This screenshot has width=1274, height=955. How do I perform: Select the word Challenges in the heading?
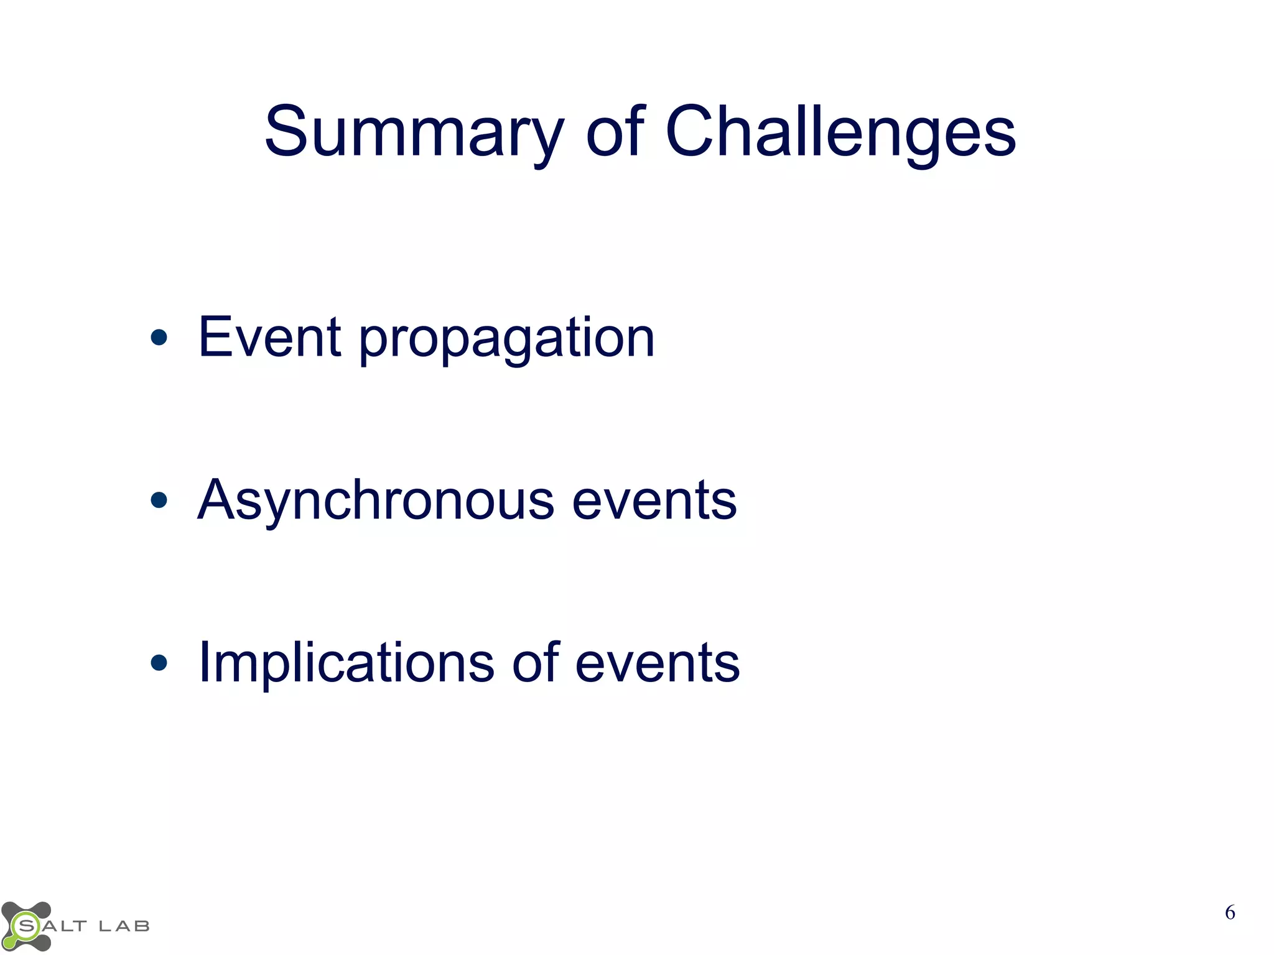coord(840,132)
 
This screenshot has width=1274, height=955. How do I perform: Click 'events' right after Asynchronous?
coord(654,502)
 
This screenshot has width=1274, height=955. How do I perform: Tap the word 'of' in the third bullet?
coord(536,663)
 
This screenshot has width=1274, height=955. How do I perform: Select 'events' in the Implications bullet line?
coord(658,664)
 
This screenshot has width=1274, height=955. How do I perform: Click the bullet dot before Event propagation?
coord(159,338)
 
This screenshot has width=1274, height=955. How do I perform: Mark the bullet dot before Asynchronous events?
coord(159,500)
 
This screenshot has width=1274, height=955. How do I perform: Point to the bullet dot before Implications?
coord(159,663)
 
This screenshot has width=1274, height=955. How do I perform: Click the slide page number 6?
coord(1230,913)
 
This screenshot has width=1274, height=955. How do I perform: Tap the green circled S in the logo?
coord(26,926)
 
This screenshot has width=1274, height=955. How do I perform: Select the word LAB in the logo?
coord(124,926)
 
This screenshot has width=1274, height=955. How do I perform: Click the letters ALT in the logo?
coord(65,926)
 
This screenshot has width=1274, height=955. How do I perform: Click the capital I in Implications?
coord(203,662)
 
